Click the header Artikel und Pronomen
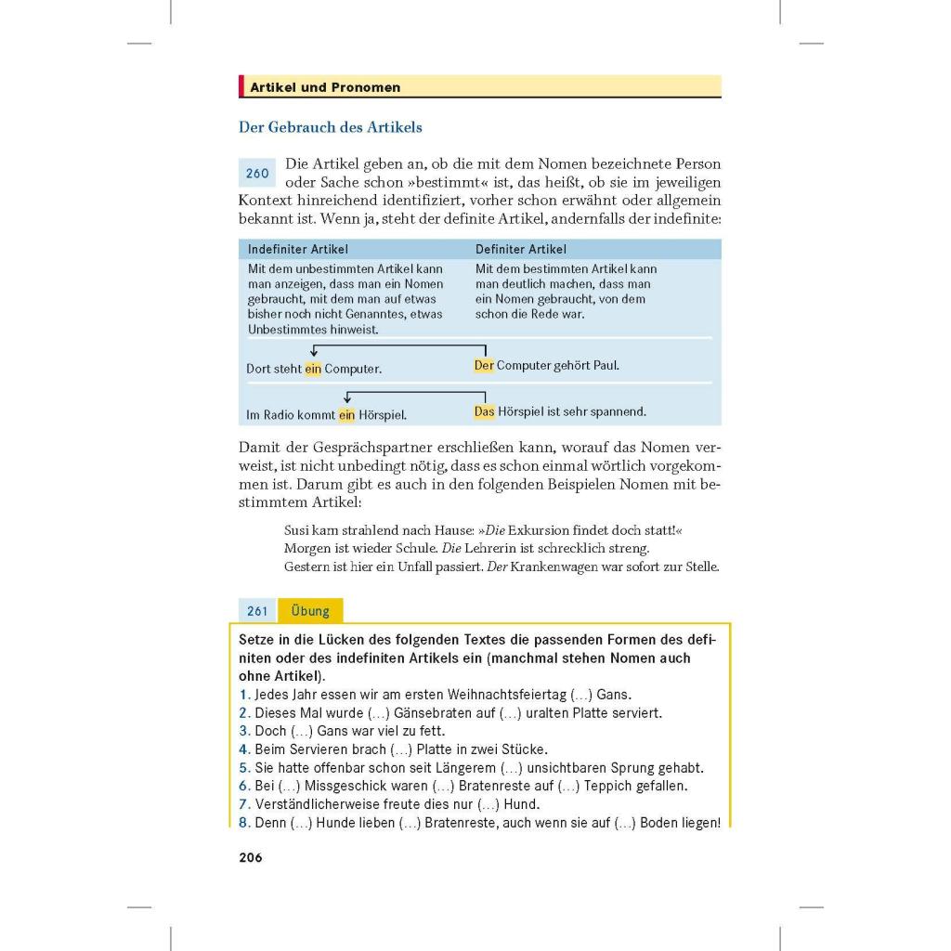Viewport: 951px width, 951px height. coord(325,87)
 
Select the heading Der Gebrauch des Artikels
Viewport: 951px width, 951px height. coord(331,127)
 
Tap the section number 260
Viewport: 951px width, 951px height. coord(257,174)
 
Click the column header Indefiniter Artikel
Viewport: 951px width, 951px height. coord(298,249)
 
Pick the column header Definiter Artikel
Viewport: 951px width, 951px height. coord(521,249)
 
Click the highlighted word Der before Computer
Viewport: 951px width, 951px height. coord(484,366)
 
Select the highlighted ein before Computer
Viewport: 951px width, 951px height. coord(313,369)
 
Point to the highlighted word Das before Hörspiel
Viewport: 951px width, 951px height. coord(485,411)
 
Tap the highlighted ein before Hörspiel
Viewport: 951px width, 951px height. coord(346,415)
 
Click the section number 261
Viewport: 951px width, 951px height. coord(257,611)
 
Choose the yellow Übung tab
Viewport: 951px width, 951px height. coord(310,611)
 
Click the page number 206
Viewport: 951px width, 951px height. coord(251,857)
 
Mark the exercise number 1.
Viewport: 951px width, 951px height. coord(243,695)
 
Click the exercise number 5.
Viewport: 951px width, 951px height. coord(244,768)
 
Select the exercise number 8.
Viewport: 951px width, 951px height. coord(244,823)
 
